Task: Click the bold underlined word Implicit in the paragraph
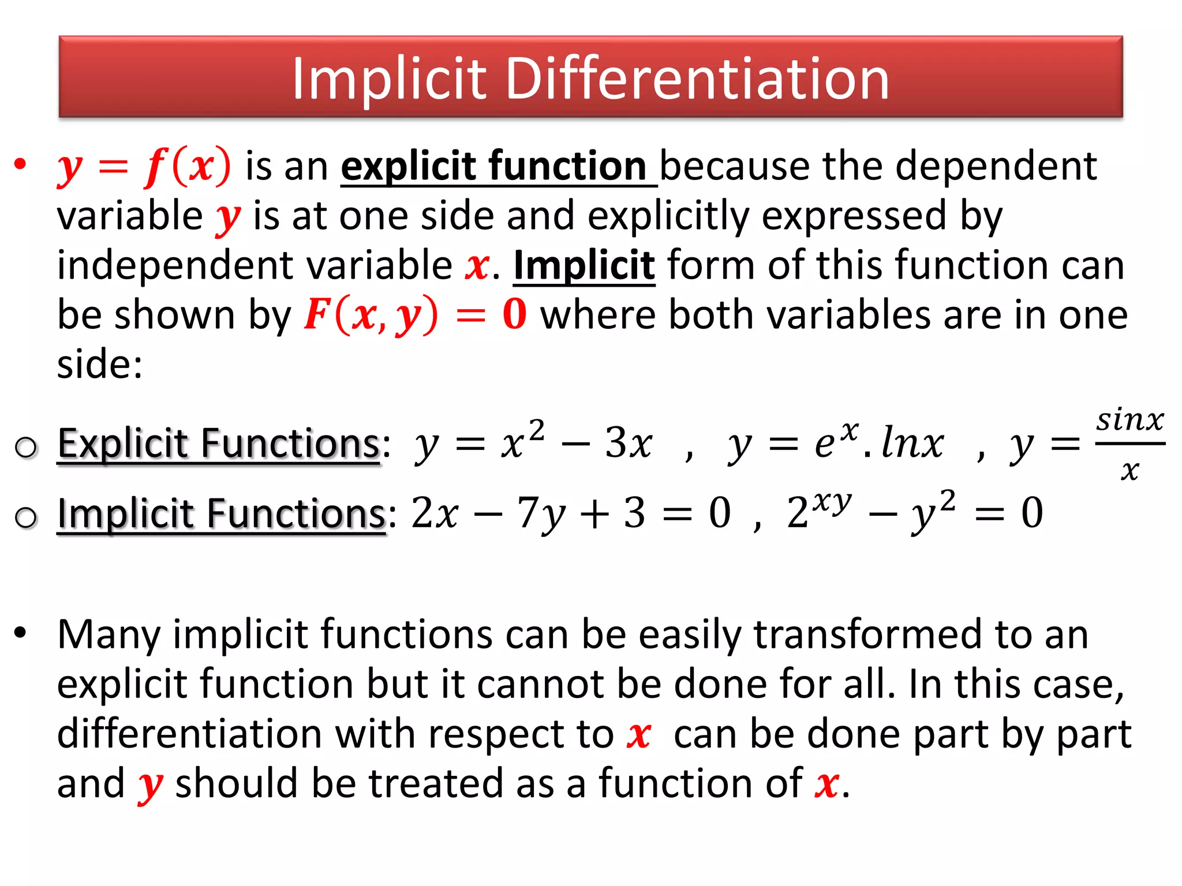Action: tap(583, 265)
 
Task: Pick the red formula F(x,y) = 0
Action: tap(415, 315)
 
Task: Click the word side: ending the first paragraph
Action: tap(99, 365)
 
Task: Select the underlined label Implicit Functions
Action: tap(222, 513)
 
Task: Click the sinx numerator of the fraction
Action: tap(1130, 420)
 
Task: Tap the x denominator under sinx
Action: tap(1130, 470)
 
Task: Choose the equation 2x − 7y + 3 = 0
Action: tap(571, 513)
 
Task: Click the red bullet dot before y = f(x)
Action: tap(21, 164)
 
